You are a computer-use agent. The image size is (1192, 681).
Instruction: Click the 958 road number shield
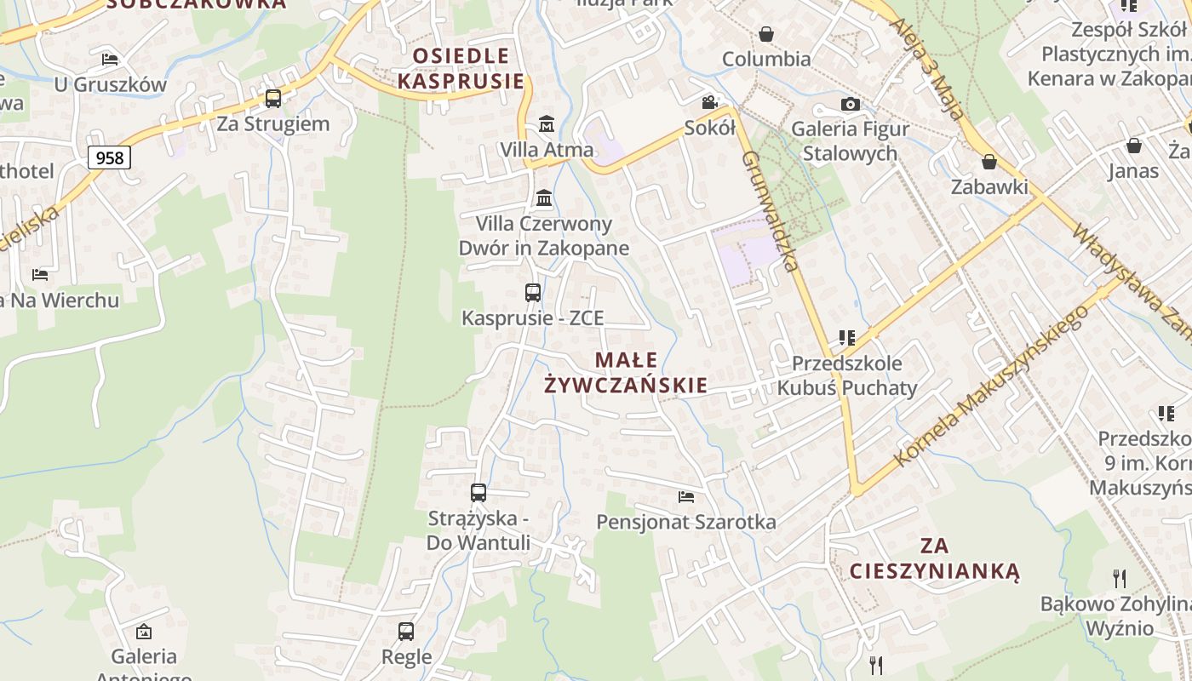[x=109, y=157]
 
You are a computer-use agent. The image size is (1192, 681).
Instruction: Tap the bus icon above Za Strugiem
[x=272, y=98]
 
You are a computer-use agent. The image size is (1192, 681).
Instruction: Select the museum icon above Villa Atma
[x=546, y=124]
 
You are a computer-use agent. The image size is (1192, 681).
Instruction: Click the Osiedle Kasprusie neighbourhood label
[x=461, y=68]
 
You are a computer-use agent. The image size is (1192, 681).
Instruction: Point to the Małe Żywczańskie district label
[x=626, y=372]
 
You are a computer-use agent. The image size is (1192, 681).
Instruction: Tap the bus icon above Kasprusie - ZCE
[x=532, y=293]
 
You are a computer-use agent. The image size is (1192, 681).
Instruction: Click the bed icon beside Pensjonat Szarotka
[x=686, y=496]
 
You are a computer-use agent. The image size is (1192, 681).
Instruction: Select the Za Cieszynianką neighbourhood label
[x=934, y=558]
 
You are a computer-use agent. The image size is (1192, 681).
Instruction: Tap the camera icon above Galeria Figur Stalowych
[x=850, y=104]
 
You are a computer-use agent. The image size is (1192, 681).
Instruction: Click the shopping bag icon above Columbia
[x=766, y=34]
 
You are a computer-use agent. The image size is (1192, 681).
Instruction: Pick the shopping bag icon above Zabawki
[x=989, y=161]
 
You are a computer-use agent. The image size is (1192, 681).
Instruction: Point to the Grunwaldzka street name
[x=770, y=210]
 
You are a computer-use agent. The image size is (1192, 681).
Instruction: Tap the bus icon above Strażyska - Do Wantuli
[x=479, y=492]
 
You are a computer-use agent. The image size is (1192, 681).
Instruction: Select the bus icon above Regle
[x=406, y=632]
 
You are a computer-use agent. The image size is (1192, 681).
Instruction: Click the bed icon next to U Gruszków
[x=110, y=59]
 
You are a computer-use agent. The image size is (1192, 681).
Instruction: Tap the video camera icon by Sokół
[x=709, y=103]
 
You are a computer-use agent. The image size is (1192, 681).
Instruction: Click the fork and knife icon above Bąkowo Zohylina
[x=1120, y=579]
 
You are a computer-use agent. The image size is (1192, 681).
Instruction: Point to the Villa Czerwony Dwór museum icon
[x=544, y=199]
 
